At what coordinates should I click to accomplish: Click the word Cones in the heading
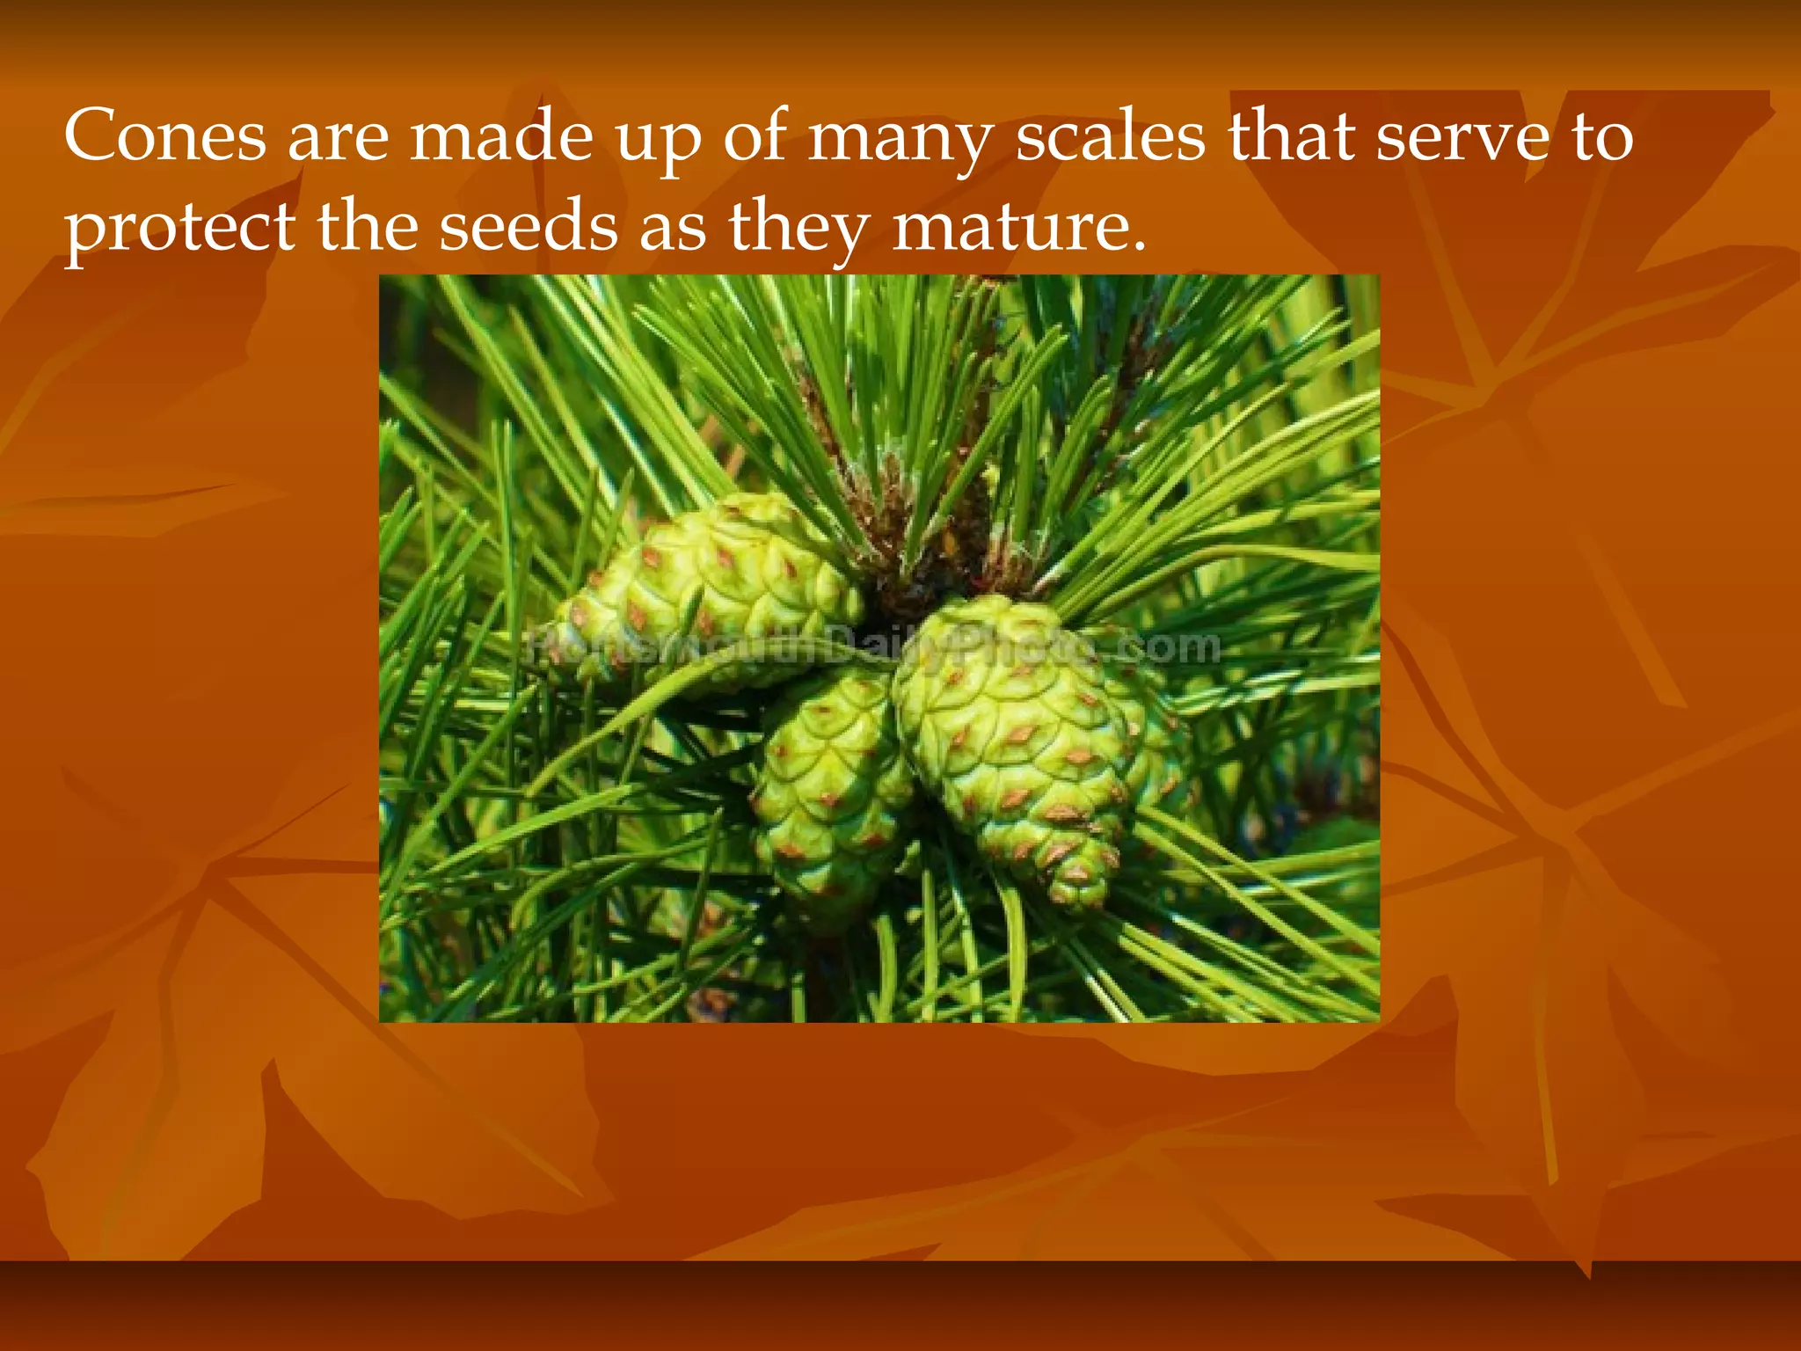164,136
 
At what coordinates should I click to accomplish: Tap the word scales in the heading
1110,136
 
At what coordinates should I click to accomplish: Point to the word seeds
528,226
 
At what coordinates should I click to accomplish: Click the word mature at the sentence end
1018,226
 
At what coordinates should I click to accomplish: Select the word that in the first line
1291,136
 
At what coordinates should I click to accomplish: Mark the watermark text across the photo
875,648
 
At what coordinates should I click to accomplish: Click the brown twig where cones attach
915,563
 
